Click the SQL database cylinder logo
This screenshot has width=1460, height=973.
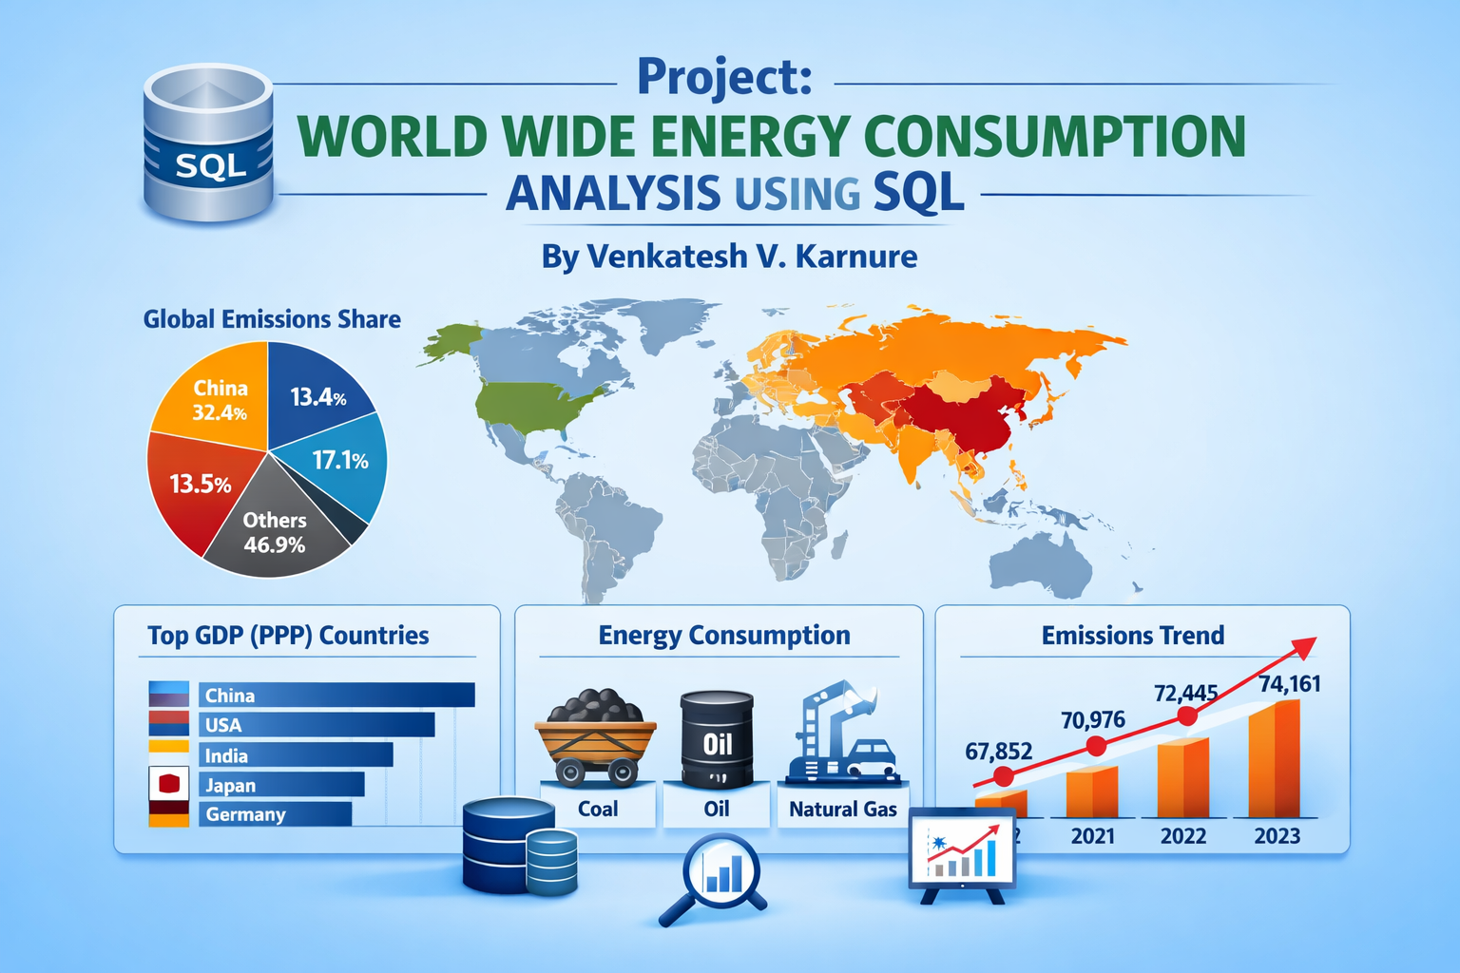pos(208,143)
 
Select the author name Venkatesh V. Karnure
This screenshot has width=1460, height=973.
pos(729,256)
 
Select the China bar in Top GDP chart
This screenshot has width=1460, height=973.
pos(336,695)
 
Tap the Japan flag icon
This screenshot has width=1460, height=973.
pos(168,784)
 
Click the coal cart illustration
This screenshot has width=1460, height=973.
pos(595,737)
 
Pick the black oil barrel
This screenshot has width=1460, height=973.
pos(717,740)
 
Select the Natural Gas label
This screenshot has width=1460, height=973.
pos(842,809)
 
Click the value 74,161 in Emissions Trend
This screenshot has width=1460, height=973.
pos(1289,684)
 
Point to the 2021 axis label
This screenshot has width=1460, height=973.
pos(1092,836)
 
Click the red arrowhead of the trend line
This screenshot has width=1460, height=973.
pos(1304,647)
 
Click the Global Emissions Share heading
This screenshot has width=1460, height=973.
pos(272,319)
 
